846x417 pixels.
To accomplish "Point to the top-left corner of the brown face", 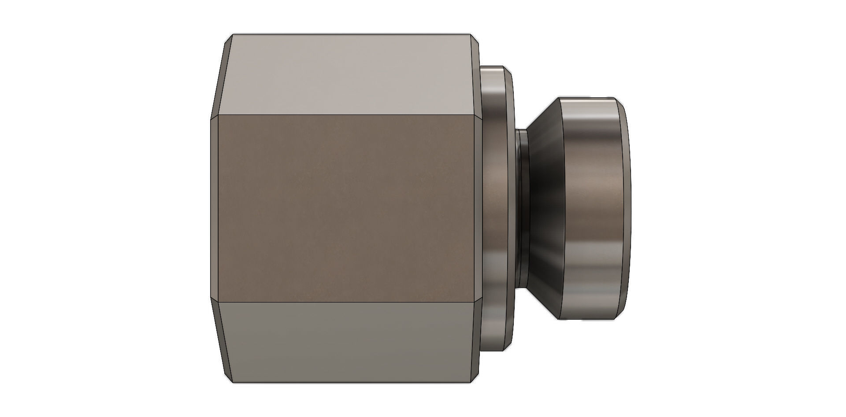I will (x=219, y=115).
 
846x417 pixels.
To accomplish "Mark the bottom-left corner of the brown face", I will (x=219, y=302).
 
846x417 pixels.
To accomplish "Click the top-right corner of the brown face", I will (x=474, y=115).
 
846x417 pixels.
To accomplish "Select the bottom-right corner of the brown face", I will (x=474, y=302).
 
